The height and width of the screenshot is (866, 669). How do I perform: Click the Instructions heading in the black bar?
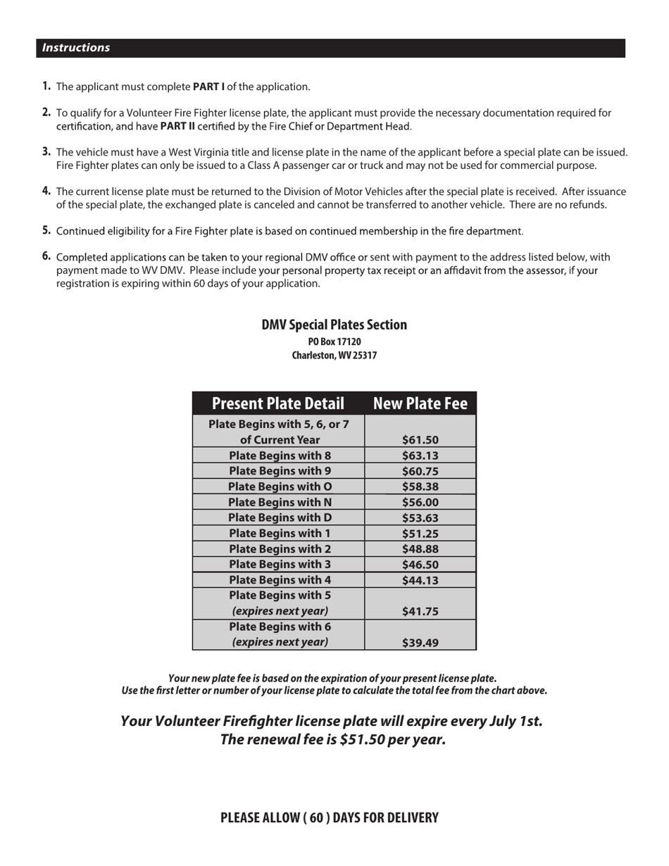click(76, 48)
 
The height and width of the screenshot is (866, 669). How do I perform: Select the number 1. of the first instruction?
click(46, 86)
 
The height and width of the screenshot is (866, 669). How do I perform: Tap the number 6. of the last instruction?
click(46, 256)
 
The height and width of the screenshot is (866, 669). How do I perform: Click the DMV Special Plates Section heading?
click(334, 325)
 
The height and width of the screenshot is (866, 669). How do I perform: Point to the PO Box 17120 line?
click(334, 341)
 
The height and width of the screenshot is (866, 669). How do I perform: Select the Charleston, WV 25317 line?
click(334, 356)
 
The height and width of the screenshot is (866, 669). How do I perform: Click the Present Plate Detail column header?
click(278, 403)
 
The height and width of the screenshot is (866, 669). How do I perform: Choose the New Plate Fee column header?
click(420, 403)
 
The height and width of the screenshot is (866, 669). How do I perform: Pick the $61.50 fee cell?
click(420, 440)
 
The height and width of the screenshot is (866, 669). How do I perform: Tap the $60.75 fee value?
click(420, 472)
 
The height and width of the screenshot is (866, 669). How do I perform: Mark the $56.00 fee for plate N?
click(420, 503)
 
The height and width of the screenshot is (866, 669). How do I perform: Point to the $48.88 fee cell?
click(420, 549)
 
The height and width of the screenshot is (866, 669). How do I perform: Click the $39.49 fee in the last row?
click(420, 642)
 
